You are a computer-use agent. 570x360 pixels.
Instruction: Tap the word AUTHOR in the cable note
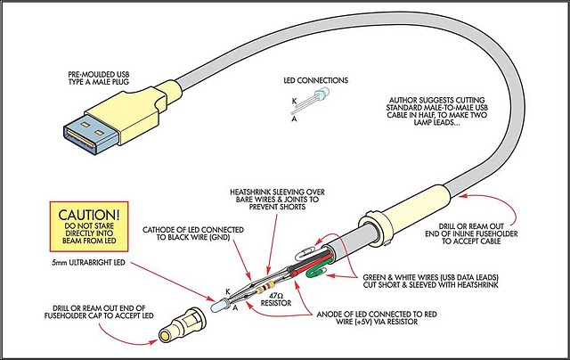(x=405, y=102)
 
